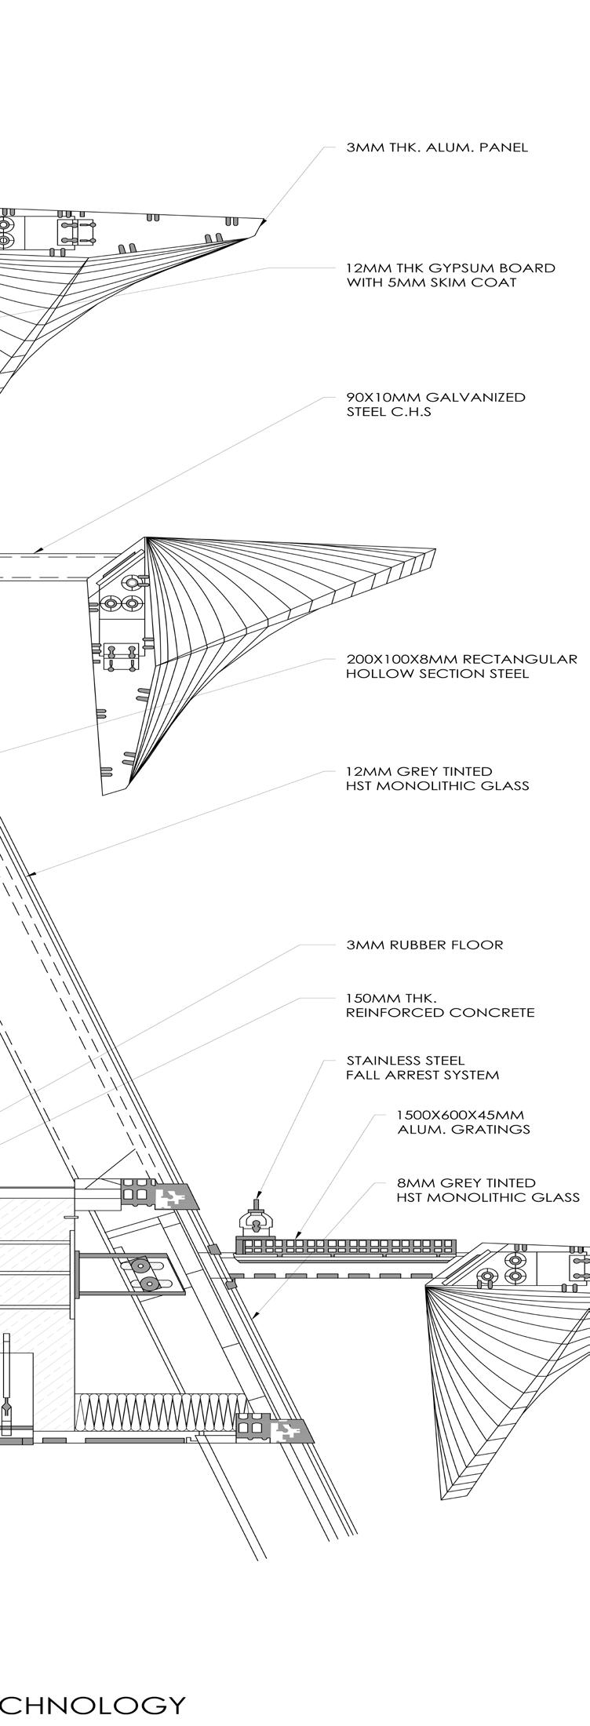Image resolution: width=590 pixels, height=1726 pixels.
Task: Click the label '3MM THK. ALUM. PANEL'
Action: (437, 147)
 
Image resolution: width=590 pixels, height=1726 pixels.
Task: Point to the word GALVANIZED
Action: (475, 397)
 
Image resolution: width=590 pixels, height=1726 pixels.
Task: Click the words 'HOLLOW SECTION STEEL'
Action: (437, 673)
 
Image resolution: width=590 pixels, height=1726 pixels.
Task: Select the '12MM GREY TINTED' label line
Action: (419, 771)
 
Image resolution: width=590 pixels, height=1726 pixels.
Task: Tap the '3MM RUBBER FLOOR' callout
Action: (424, 945)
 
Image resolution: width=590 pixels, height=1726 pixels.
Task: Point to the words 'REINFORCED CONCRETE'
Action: (440, 1013)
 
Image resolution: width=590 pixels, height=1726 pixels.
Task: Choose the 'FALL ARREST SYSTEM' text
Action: (422, 1075)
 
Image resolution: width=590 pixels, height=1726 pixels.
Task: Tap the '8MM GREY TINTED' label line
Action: (466, 1182)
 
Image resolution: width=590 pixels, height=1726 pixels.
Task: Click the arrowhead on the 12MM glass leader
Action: (31, 873)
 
